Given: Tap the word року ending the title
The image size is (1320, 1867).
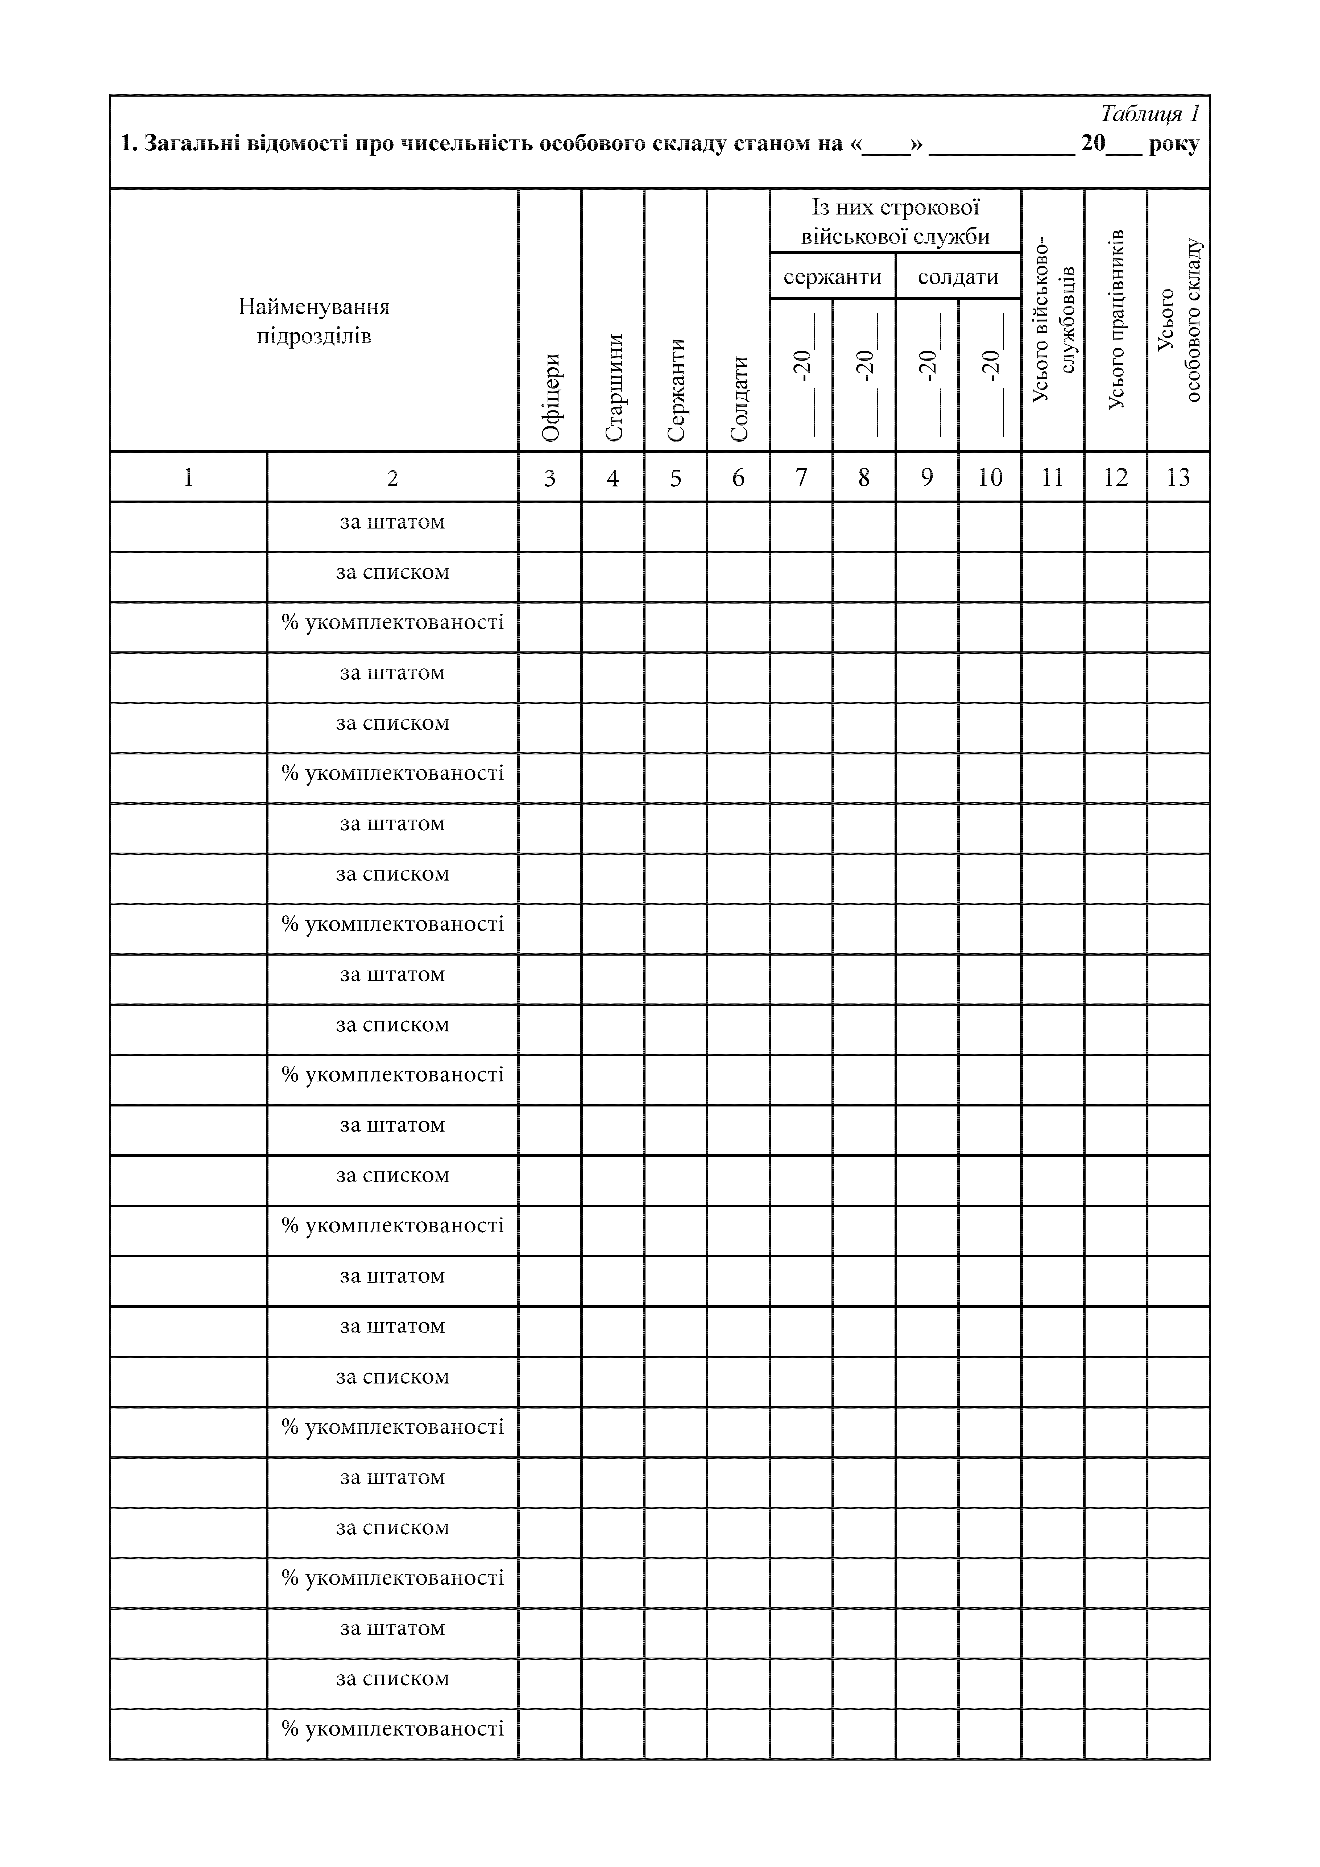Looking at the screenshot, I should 1174,144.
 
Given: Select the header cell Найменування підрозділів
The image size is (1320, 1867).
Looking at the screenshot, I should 314,321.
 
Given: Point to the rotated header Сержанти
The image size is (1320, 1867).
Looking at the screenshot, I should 676,390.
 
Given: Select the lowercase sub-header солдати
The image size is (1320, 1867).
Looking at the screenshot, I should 958,277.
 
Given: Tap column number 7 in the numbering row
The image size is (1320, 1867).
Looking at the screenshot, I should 801,477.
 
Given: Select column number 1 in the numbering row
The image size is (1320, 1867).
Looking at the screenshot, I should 188,477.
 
